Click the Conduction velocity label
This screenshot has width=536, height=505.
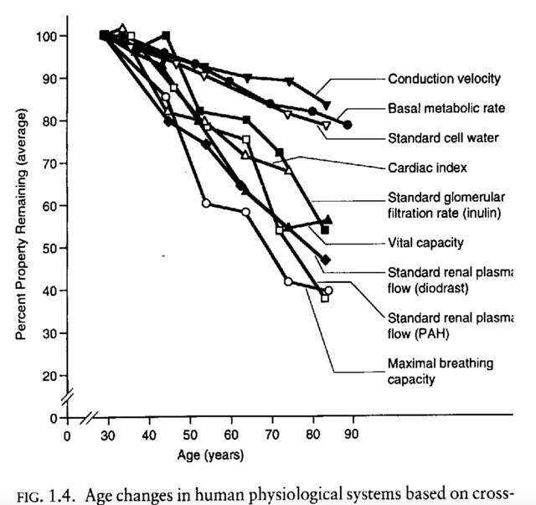coord(444,80)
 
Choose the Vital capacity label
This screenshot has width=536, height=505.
coord(424,243)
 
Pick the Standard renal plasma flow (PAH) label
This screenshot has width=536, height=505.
coord(450,325)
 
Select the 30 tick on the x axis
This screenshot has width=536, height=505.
coord(106,434)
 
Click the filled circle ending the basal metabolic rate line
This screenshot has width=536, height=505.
coord(348,125)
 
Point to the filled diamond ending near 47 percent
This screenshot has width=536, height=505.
coord(326,260)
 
